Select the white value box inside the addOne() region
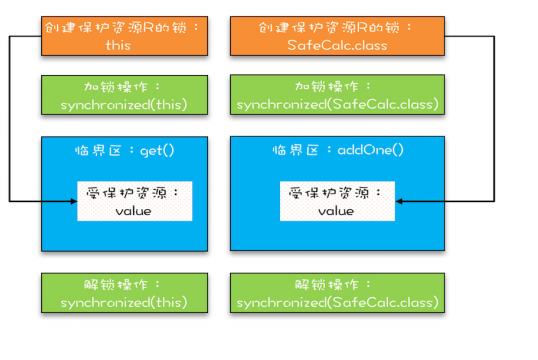pos(336,201)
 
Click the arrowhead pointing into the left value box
pos(73,201)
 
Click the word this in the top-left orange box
pos(118,45)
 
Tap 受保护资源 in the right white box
pos(336,191)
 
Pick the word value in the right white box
pos(336,211)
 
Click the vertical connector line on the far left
pos(9,120)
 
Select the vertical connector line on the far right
pos(497,120)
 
